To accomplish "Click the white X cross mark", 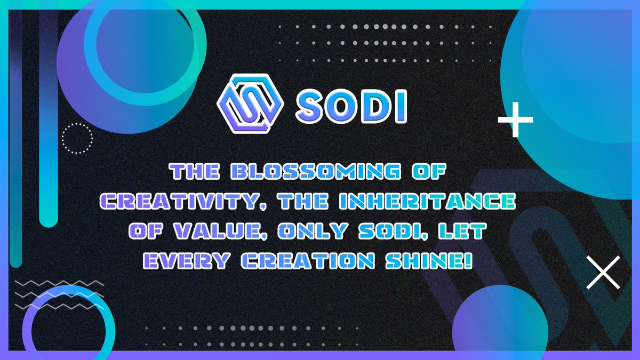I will click(603, 273).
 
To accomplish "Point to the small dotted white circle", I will click(77, 139).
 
